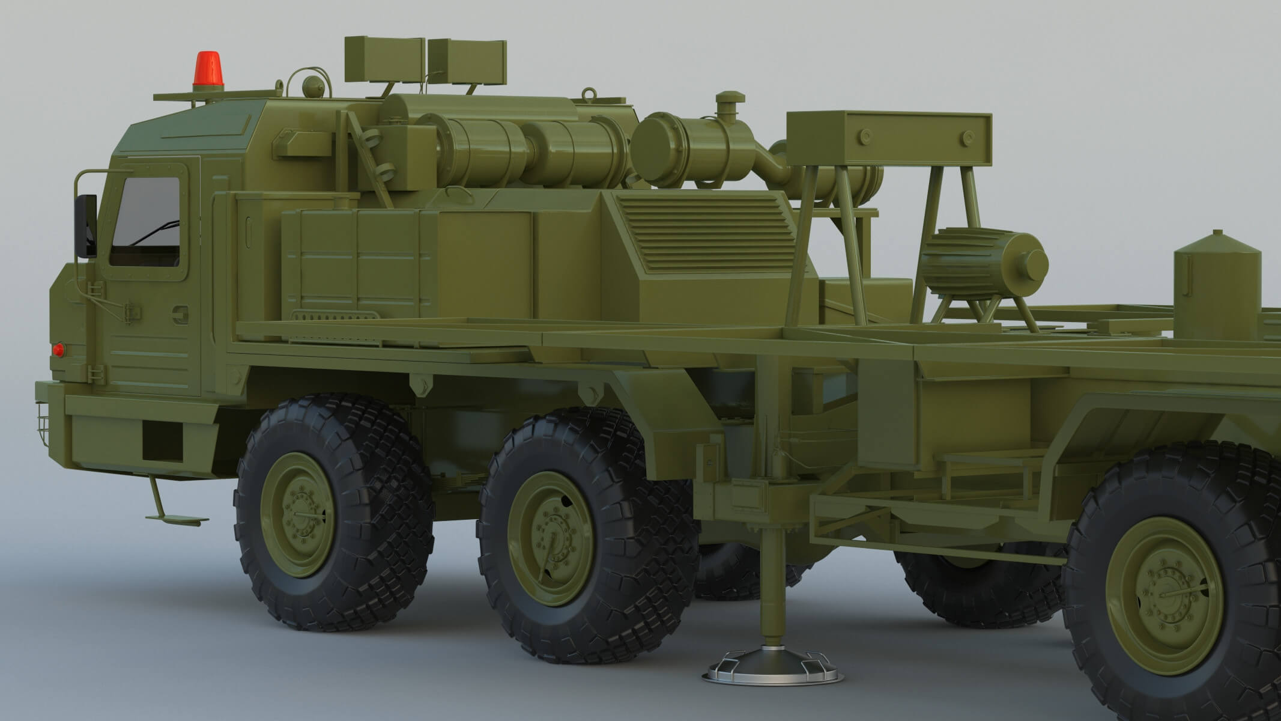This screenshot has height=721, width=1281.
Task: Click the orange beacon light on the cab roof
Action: coord(205,68)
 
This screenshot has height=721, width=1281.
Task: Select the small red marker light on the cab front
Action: coord(59,349)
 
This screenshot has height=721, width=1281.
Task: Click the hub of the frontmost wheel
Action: coord(299,517)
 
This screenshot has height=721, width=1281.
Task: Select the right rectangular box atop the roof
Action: coord(467,62)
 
